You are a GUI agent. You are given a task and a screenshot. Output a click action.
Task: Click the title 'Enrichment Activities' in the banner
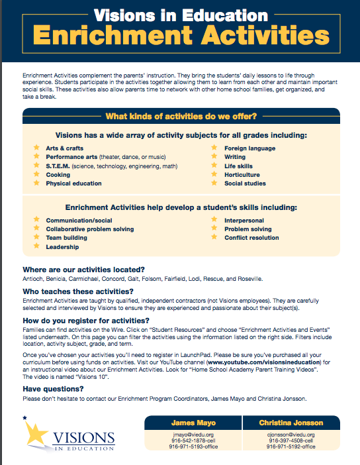[180, 35]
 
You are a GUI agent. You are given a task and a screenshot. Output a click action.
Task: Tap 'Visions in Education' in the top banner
[180, 13]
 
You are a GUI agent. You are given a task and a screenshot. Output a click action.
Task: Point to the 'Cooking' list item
[58, 175]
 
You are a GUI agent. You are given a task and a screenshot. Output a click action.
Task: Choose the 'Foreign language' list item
[249, 148]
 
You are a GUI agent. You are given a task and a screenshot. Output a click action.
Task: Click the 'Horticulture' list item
[244, 175]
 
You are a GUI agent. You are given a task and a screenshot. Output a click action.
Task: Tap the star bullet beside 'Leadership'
[36, 246]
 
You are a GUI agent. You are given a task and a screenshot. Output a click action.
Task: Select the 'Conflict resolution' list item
[251, 238]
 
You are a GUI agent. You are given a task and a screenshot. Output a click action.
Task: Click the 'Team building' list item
[66, 238]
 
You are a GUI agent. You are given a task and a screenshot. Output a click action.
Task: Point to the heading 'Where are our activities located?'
[83, 270]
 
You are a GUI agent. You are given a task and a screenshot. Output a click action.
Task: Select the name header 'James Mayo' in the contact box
[189, 421]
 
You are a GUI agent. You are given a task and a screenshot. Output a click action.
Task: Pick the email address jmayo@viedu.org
[189, 435]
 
